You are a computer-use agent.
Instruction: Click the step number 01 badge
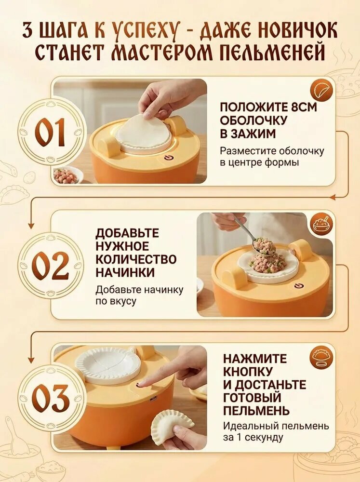[52, 133]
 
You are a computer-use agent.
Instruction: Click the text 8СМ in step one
[303, 107]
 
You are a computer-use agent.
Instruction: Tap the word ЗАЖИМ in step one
[253, 134]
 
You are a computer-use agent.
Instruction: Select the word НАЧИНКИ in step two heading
[125, 273]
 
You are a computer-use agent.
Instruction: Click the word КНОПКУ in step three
[248, 371]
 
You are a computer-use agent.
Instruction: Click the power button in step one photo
[168, 158]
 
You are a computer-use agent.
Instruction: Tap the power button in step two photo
[298, 286]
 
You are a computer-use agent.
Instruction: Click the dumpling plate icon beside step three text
[321, 357]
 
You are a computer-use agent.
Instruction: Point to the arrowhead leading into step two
[31, 226]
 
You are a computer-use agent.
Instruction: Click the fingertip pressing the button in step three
[141, 384]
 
